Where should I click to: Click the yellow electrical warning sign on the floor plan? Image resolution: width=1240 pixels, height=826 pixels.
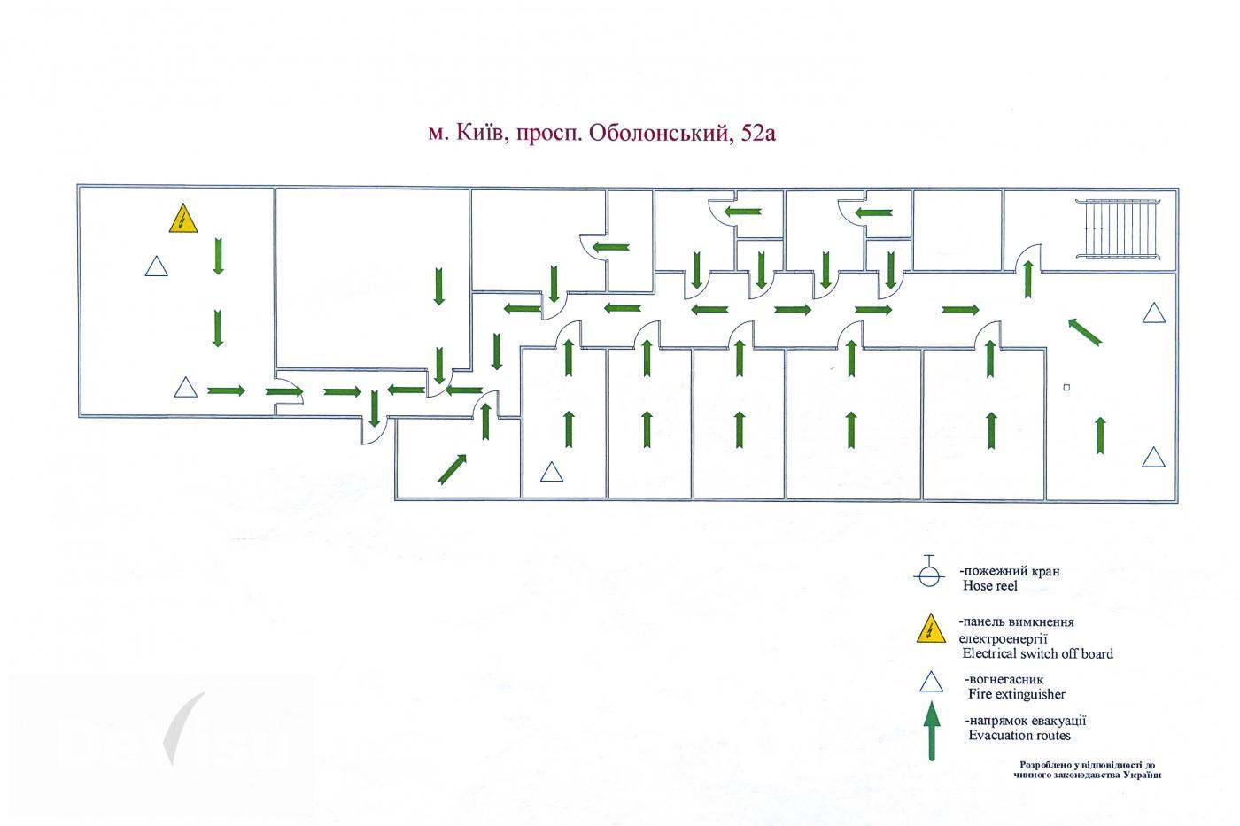(183, 219)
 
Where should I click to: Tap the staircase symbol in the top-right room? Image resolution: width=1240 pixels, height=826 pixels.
(1118, 228)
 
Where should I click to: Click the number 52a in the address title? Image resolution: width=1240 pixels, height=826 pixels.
(758, 134)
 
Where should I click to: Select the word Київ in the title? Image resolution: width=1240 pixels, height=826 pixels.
(479, 133)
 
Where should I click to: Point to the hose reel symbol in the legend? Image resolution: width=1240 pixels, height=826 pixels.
(929, 571)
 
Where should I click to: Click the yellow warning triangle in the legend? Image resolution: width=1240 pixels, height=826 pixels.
(931, 629)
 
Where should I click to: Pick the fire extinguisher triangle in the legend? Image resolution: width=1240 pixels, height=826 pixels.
(931, 683)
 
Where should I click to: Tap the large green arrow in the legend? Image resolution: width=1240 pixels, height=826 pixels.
(932, 731)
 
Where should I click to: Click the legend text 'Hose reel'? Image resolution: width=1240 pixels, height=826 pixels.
(990, 585)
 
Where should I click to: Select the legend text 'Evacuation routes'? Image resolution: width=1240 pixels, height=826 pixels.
(1019, 736)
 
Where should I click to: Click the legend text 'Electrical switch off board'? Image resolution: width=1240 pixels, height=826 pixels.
(1037, 653)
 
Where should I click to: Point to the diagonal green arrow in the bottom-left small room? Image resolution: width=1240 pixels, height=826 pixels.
(453, 469)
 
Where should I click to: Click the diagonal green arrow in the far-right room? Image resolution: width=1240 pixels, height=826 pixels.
(1084, 332)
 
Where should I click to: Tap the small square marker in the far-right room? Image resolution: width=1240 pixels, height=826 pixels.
(1066, 387)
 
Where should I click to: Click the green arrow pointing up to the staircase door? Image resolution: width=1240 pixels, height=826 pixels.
(1028, 280)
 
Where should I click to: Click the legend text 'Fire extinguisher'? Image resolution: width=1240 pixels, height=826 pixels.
(1017, 694)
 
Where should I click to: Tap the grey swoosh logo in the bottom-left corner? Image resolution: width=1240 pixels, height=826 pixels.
(182, 728)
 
